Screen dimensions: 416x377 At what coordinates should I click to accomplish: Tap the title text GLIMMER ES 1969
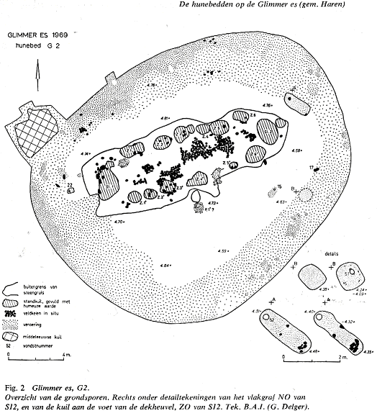click(38, 34)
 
